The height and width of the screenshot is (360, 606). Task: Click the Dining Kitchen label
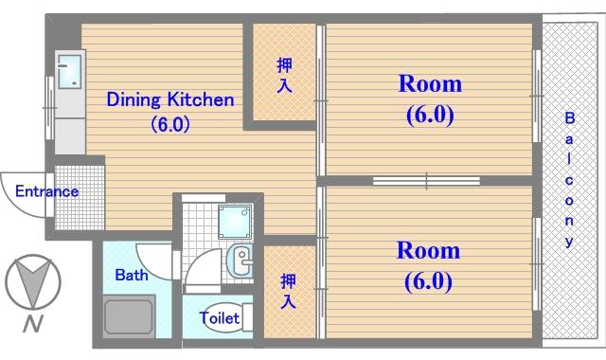coord(170,99)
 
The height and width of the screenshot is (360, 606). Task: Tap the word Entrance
coord(46,191)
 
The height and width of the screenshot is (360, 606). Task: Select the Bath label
coord(132,275)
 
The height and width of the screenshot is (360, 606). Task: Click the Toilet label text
coord(219,318)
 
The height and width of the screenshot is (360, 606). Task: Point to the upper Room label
coord(430,84)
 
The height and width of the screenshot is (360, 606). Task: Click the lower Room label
coord(428,251)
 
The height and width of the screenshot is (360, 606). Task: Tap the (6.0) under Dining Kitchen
coord(170,124)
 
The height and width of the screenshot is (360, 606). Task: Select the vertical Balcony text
coord(569,179)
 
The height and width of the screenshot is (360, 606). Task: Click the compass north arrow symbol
coord(33,282)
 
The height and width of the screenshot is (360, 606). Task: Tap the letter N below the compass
coord(33,324)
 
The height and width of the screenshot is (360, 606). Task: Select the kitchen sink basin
coord(69,72)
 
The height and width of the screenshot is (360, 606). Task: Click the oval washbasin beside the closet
coord(240,260)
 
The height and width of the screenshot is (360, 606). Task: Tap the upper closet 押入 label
coord(284,76)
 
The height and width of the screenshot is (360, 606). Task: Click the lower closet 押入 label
coord(288,291)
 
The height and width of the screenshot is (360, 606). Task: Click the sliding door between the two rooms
coord(426,181)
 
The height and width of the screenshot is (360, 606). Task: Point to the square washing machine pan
coord(234,222)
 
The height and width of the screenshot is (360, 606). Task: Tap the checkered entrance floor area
coord(80,197)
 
